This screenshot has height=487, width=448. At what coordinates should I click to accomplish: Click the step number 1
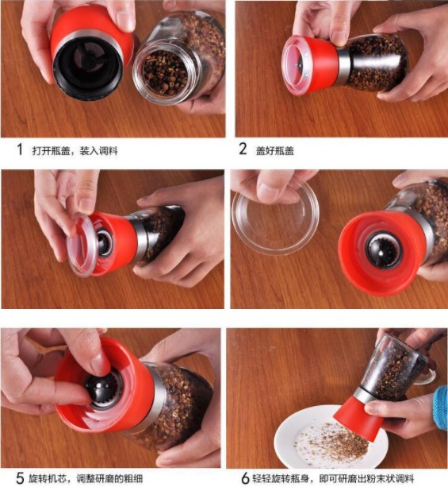(x=20, y=149)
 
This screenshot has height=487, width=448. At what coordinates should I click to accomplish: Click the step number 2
(x=243, y=149)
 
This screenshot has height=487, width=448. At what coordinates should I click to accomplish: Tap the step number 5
(x=20, y=478)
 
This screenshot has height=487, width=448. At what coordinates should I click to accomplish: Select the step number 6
(x=245, y=478)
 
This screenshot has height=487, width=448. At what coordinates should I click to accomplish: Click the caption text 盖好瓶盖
(x=274, y=151)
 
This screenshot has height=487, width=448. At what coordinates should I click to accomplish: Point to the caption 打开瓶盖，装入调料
(x=75, y=151)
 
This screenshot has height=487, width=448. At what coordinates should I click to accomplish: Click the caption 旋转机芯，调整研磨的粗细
(x=86, y=478)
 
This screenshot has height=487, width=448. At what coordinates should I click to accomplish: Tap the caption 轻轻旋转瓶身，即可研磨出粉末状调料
(x=333, y=478)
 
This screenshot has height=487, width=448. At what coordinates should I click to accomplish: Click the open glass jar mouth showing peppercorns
(x=165, y=72)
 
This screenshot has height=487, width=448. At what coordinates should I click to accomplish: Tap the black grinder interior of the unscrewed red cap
(x=88, y=66)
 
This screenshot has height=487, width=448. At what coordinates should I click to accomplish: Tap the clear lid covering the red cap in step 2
(x=293, y=65)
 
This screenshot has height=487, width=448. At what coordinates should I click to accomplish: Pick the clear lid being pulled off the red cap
(x=80, y=245)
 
